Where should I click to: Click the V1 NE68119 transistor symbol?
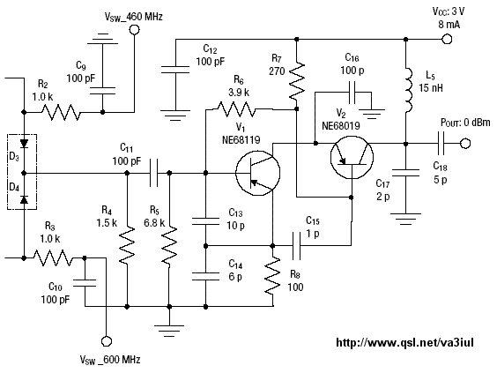(257, 173)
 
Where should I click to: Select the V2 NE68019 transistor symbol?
(352, 157)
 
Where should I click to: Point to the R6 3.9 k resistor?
(236, 109)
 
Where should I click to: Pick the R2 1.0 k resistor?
(61, 112)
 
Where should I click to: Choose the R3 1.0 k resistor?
(53, 257)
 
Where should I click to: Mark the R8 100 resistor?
(272, 276)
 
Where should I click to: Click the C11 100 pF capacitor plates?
(153, 173)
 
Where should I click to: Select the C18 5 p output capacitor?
(441, 144)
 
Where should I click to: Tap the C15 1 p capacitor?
(296, 245)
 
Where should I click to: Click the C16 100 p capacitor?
(352, 93)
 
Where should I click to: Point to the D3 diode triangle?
(24, 144)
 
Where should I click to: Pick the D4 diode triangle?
(24, 200)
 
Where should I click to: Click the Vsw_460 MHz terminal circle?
(135, 30)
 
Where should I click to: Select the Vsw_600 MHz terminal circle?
(106, 341)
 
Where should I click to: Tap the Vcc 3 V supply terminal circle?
(447, 39)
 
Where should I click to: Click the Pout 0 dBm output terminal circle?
(465, 144)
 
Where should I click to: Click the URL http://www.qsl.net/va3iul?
(404, 342)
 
